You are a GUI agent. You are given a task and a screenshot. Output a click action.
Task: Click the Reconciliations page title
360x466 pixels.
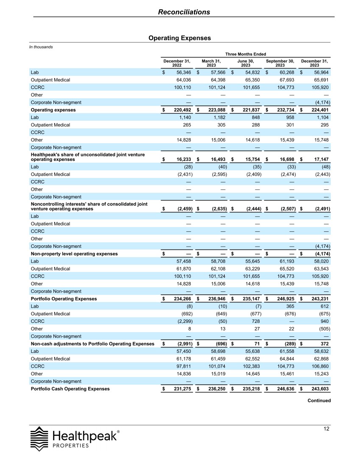point(184,12)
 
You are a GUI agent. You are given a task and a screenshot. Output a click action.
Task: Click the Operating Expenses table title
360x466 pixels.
point(179,38)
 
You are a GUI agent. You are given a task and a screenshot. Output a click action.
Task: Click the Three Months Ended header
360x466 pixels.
point(246,54)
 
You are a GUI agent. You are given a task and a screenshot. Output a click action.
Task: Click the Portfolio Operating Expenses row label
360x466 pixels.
point(64,299)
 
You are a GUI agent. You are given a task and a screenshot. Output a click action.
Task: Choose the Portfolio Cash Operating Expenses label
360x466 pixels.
point(70,388)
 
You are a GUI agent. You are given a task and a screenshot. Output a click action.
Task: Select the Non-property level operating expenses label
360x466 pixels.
point(74,254)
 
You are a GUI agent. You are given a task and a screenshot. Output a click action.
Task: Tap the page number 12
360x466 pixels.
point(326,429)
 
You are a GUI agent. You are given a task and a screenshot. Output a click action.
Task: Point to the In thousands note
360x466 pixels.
point(41,47)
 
